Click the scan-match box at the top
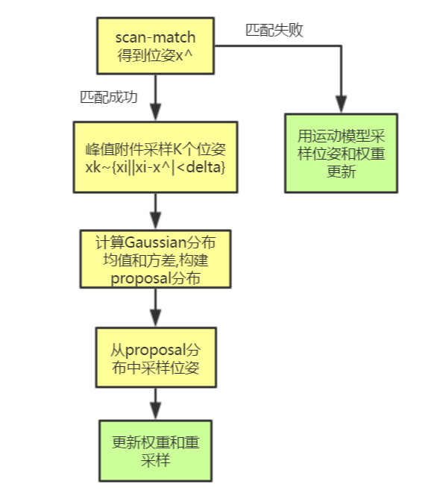point(155,46)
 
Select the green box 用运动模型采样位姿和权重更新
point(342,152)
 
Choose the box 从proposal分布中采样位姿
point(155,360)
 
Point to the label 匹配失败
point(274,30)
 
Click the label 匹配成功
point(110,97)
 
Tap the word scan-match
point(155,37)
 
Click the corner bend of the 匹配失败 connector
point(342,47)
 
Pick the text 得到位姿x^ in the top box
point(155,55)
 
